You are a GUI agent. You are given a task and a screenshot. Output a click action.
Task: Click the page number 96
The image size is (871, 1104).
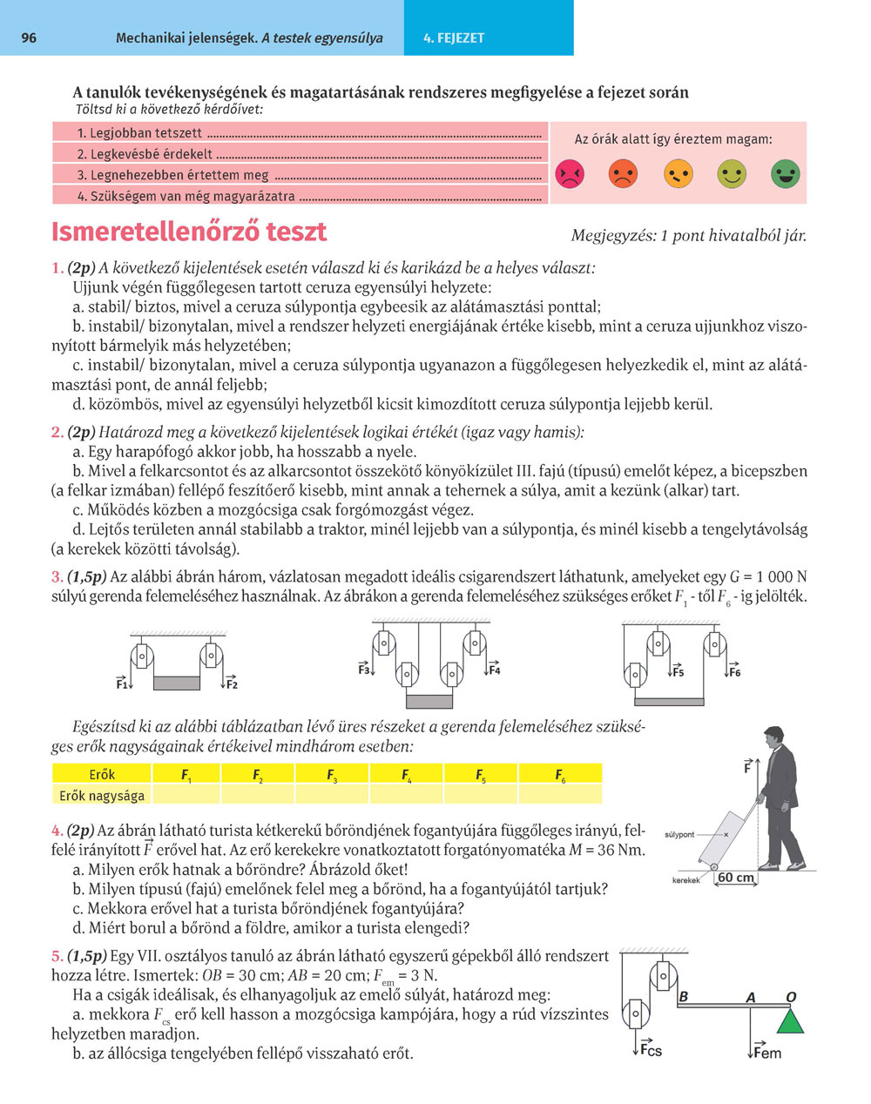[28, 38]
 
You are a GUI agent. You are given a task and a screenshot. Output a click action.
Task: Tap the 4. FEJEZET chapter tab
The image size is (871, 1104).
[453, 38]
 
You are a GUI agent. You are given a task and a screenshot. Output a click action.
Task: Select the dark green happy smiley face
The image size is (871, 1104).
[785, 174]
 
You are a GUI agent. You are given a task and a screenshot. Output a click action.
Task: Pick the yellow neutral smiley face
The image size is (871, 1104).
[678, 174]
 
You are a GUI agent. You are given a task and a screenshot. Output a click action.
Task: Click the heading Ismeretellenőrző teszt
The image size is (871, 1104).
[189, 232]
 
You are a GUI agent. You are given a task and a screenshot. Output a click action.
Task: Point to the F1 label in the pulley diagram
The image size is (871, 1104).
[122, 684]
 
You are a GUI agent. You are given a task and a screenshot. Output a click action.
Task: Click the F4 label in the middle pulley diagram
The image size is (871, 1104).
[494, 670]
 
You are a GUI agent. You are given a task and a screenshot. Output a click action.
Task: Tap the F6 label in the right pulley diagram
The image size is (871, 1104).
[735, 672]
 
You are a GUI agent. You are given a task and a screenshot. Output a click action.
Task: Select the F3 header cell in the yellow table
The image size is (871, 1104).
[332, 774]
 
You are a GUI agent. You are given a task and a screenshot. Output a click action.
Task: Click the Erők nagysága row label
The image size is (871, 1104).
[102, 795]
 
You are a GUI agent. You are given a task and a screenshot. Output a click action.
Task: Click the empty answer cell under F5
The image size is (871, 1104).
[481, 795]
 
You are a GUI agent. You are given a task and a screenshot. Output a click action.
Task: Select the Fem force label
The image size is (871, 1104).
[766, 1053]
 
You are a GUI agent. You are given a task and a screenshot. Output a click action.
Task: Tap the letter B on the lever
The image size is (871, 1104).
[684, 997]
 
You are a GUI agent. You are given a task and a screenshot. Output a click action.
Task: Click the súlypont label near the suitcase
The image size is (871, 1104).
[679, 834]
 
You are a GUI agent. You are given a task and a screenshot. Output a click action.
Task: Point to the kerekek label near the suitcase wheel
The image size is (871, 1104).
[686, 880]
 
